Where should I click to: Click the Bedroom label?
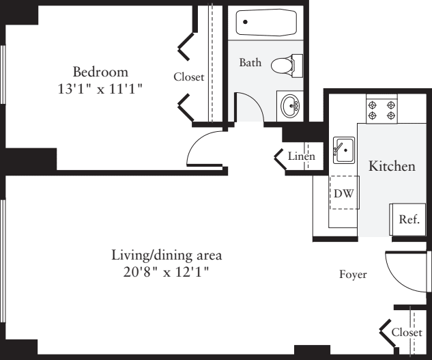[x=100, y=71]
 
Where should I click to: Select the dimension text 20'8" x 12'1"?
[x=167, y=272]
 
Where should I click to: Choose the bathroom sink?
[x=290, y=105]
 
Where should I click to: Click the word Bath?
[x=250, y=62]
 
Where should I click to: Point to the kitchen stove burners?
[x=381, y=110]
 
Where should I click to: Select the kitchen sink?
[x=343, y=148]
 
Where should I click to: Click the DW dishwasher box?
[x=343, y=193]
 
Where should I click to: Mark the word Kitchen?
[x=392, y=166]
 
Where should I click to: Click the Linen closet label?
[x=301, y=157]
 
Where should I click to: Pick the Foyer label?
[x=354, y=275]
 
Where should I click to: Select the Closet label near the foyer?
[x=406, y=332]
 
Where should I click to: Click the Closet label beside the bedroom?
[x=188, y=77]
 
